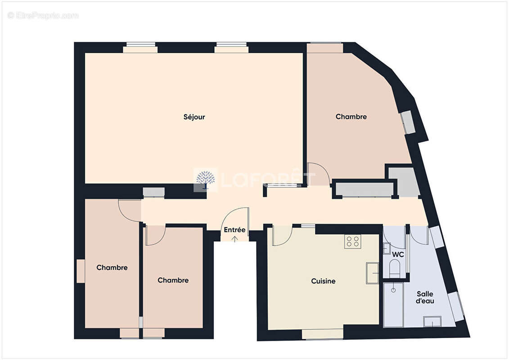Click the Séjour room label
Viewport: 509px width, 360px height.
(194, 117)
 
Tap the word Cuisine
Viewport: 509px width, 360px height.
(323, 281)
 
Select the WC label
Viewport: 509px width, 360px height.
(397, 254)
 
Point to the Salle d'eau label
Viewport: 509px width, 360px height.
(425, 297)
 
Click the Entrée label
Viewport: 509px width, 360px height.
(234, 230)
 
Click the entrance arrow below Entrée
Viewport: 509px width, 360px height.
(234, 238)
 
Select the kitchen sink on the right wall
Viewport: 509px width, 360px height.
(372, 273)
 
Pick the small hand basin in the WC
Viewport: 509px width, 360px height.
(386, 249)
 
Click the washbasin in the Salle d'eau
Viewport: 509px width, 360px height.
(432, 321)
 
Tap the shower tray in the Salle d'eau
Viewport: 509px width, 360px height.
(393, 305)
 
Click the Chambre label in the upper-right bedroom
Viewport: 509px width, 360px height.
(351, 117)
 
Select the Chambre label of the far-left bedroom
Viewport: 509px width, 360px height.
(112, 267)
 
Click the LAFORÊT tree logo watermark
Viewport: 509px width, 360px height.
(205, 180)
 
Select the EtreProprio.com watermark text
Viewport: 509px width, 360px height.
(43, 16)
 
